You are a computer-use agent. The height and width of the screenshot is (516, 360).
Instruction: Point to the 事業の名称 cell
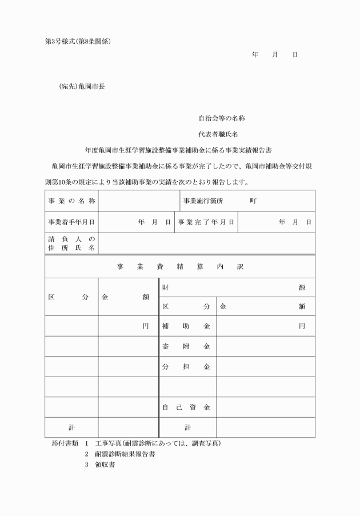point(71,201)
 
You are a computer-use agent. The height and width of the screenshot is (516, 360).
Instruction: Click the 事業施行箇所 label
point(203,201)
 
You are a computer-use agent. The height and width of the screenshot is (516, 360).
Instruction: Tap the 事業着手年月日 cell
point(71,222)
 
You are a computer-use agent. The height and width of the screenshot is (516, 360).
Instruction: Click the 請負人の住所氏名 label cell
point(71,243)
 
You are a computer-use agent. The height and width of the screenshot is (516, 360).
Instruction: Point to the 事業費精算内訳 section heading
point(180,267)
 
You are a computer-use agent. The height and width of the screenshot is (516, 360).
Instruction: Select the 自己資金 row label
point(186,407)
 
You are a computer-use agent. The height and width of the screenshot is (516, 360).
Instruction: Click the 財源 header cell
point(237,287)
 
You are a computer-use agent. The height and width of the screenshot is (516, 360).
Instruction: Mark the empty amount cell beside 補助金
point(266,326)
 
